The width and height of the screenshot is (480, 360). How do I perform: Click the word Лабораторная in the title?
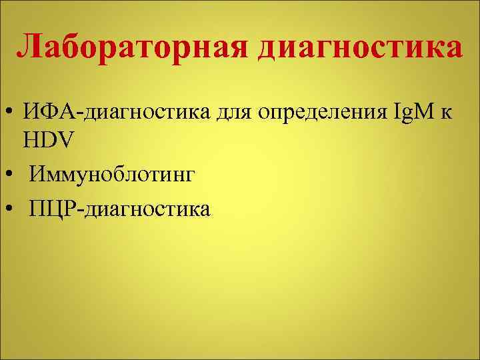134,47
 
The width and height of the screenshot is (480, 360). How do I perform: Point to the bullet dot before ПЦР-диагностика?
11,209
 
